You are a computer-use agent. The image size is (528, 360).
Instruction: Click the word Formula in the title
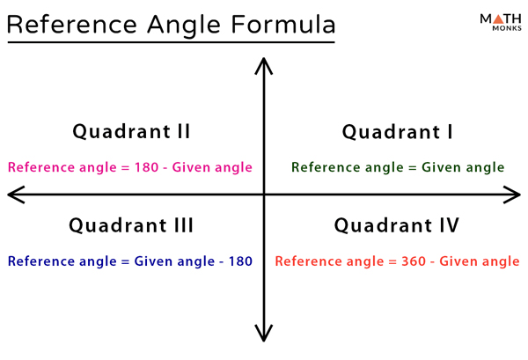282,25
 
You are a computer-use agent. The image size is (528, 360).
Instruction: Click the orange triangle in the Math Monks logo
498,18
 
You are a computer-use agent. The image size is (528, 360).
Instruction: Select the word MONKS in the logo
507,28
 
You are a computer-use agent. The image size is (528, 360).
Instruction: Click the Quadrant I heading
398,132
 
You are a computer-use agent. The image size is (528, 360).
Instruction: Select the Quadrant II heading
131,131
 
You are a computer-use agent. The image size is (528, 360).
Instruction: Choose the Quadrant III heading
131,225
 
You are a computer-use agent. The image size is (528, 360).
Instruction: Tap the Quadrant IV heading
396,225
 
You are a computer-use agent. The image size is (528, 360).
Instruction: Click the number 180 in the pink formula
146,167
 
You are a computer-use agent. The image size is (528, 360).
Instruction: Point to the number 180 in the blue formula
240,261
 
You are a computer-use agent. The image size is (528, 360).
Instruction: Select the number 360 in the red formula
414,261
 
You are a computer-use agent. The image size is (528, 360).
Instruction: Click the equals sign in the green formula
413,167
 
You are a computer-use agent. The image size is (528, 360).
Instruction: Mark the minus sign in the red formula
432,262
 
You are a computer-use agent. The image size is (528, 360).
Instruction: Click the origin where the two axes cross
264,195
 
